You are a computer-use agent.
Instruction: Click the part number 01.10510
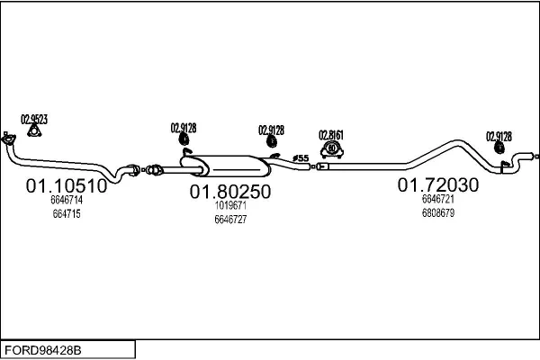click(67, 186)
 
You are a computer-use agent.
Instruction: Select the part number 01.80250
click(230, 192)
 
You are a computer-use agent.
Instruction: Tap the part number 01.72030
click(438, 185)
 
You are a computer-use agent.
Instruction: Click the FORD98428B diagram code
click(43, 350)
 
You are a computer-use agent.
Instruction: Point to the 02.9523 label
click(34, 119)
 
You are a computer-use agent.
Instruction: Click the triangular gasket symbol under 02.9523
click(34, 130)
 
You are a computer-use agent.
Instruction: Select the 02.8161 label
click(331, 135)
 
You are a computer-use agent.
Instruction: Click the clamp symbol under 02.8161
click(331, 150)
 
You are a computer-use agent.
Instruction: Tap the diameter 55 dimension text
click(301, 158)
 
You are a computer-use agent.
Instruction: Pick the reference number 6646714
click(67, 200)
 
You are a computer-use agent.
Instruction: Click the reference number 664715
click(67, 214)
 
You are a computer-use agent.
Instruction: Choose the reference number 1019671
click(230, 206)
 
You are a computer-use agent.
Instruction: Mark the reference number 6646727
click(230, 220)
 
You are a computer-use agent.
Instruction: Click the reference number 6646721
click(438, 199)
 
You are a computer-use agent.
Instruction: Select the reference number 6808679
click(438, 213)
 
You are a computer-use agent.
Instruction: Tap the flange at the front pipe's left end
click(8, 139)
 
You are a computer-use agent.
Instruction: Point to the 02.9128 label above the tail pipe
click(499, 137)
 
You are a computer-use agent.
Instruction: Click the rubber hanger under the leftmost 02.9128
click(184, 139)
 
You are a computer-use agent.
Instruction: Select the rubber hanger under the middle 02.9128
click(272, 141)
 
